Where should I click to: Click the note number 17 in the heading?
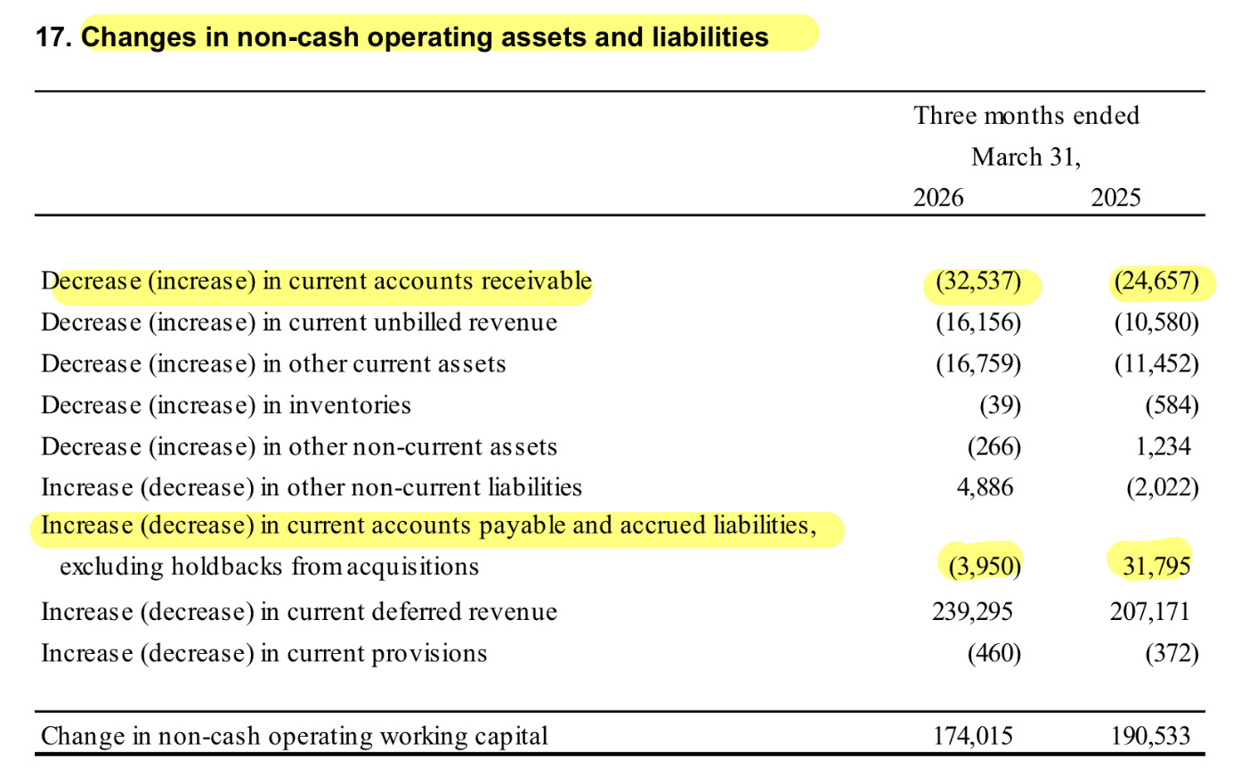(x=53, y=37)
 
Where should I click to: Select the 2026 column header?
(x=938, y=198)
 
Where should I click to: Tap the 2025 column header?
(x=1115, y=198)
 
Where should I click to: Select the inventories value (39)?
(x=1001, y=405)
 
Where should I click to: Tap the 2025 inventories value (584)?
(x=1172, y=405)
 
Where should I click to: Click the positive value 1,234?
(x=1164, y=446)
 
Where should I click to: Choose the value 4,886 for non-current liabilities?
(x=985, y=487)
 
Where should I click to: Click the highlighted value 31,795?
(x=1156, y=567)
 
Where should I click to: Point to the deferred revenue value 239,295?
(x=972, y=611)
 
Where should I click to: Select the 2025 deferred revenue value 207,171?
(x=1150, y=611)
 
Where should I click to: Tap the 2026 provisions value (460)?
(x=994, y=653)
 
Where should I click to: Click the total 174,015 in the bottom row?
(x=972, y=736)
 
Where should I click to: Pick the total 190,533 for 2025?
(x=1150, y=736)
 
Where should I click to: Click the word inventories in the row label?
(x=350, y=405)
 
